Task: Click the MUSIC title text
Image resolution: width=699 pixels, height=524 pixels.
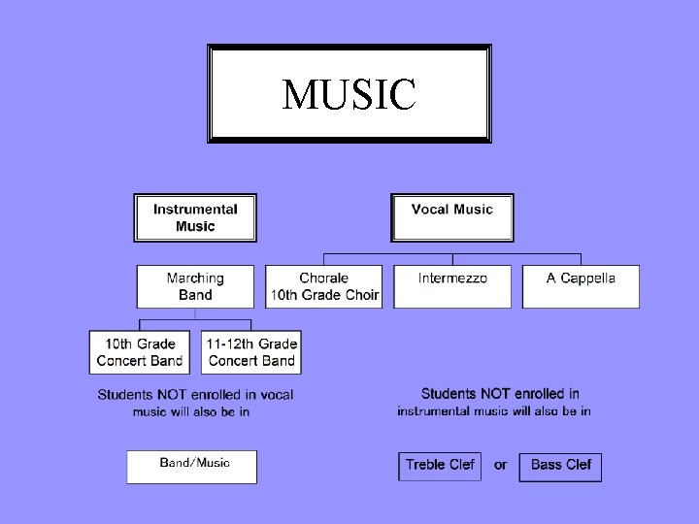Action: pos(349,94)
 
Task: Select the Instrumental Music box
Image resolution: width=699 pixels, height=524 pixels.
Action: pos(195,217)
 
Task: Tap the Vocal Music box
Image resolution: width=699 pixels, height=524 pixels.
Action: pos(452,217)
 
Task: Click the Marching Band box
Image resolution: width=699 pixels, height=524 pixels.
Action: pos(195,286)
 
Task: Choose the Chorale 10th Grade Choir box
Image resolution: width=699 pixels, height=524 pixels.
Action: pos(324,286)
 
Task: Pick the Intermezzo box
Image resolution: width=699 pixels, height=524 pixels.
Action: pos(452,286)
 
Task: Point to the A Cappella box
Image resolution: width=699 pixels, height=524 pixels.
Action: pos(581,286)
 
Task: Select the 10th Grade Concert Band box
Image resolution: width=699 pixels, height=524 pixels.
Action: pos(140,352)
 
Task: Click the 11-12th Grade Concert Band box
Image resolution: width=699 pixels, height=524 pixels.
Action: pos(252,352)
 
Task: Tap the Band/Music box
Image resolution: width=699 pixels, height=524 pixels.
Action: pos(192,466)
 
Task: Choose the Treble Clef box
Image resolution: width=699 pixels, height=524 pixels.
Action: pos(440,466)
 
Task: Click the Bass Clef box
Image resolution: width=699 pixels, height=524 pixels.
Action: pos(560,466)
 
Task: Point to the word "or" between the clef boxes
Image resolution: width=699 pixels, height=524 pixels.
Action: pos(500,465)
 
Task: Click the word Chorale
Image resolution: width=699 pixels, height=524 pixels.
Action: pos(324,278)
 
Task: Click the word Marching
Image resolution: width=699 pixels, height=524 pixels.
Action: pos(195,278)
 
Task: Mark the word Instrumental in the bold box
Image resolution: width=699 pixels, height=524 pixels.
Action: pos(195,210)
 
